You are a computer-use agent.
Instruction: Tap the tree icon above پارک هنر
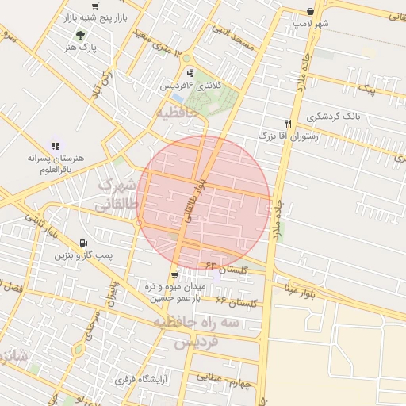coord(79,35)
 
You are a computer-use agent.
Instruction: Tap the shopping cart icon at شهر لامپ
coord(310,12)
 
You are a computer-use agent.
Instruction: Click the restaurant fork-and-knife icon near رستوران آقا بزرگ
coord(288,124)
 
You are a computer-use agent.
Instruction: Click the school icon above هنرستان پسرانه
coord(56,146)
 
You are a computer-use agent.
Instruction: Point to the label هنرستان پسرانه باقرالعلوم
coord(55,164)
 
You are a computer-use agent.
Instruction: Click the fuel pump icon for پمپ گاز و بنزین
coord(82,243)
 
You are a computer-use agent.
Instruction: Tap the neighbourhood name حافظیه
coord(174,113)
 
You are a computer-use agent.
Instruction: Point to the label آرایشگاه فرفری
coord(147,380)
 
